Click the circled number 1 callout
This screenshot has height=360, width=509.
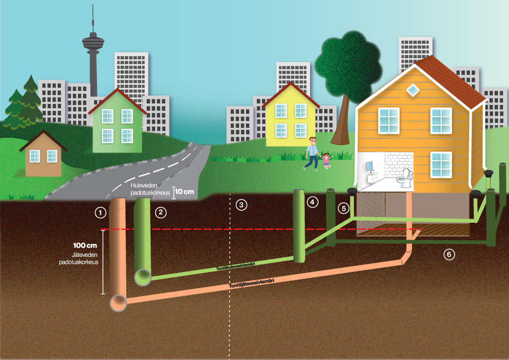[100, 213]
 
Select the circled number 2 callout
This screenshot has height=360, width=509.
[161, 213]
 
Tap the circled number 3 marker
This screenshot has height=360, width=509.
[241, 205]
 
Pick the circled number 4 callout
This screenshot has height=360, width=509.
[312, 202]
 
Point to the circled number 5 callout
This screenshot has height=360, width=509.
[344, 208]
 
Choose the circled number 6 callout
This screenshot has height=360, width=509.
[449, 254]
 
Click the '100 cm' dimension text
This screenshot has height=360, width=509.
[85, 246]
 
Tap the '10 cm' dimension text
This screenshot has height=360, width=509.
[184, 191]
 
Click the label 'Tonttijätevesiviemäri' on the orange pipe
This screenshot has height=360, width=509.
[252, 283]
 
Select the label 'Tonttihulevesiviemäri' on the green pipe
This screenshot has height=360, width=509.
[236, 267]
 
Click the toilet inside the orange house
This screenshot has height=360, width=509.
[405, 178]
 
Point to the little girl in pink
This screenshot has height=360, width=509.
[326, 161]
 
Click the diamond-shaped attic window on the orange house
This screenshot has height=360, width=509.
[413, 90]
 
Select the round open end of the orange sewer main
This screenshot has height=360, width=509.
[118, 303]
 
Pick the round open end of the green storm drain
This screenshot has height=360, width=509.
[143, 277]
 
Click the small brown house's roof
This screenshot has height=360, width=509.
[43, 140]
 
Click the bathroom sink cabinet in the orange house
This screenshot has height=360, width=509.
[372, 177]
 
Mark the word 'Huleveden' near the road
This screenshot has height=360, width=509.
[144, 185]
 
